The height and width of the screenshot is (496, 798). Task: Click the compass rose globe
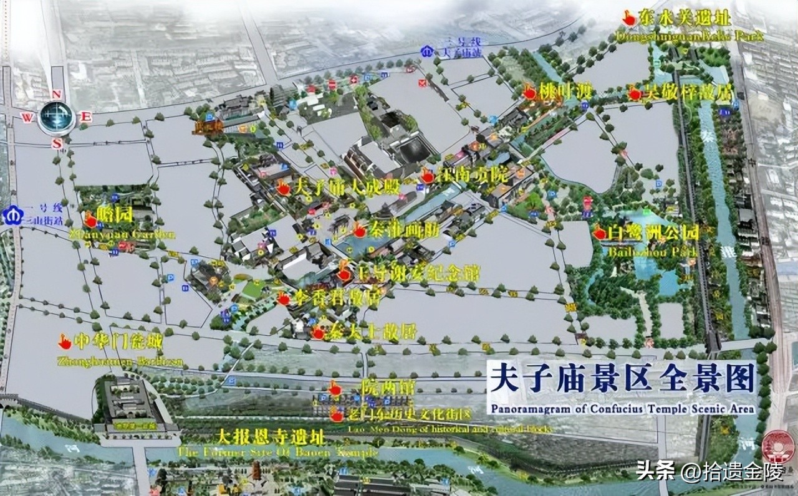coord(57,117)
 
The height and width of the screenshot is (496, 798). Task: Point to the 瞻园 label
coord(115,216)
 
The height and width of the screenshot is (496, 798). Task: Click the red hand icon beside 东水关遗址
coord(629,19)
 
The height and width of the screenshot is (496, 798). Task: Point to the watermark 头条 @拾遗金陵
coord(709,472)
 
